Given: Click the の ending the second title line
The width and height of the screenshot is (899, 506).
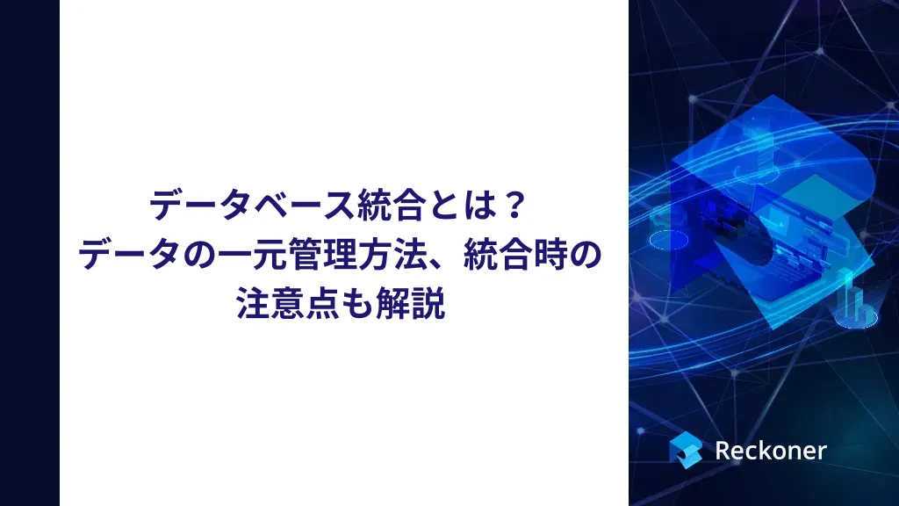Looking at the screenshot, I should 583,257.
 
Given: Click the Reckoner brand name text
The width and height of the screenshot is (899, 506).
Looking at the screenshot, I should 770,451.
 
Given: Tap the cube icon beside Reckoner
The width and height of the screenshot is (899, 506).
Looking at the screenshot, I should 686,450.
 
